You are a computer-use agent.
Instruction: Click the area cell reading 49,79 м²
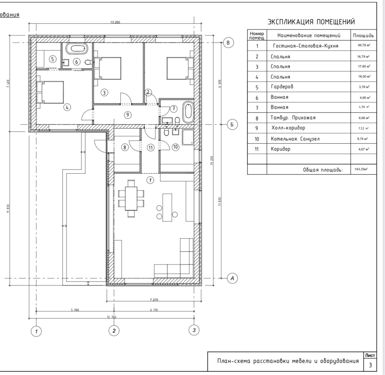pos(363,46)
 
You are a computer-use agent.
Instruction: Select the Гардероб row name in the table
pos(282,87)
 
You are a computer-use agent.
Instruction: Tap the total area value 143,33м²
pos(359,169)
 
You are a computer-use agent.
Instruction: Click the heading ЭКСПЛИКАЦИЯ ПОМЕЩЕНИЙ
pos(311,22)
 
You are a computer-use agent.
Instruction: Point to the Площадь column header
pos(363,35)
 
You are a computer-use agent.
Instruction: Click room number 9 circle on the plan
pos(127,115)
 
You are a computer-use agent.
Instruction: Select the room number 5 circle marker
pos(52,59)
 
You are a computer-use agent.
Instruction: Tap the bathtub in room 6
pos(76,48)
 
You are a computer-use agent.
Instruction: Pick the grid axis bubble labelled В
pos(228,43)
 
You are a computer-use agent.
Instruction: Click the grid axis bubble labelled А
pos(232,278)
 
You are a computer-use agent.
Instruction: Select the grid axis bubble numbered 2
pos(114,331)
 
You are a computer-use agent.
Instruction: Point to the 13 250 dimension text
pos(115,23)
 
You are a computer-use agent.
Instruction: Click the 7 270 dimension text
pos(154,300)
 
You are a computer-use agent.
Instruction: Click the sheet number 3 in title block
pos(370,365)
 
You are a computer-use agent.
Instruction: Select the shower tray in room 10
pos(188,137)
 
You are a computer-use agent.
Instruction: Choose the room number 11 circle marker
pos(150,147)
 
